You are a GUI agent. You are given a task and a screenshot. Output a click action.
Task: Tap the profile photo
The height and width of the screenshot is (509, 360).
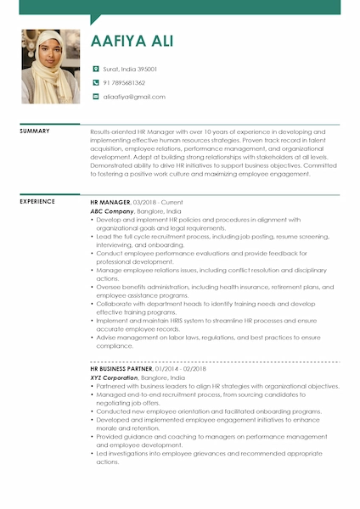(x=51, y=66)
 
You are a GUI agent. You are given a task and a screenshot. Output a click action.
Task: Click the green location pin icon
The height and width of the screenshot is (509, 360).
(x=96, y=69)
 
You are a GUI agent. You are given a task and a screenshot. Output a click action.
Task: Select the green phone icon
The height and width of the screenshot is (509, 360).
(x=96, y=83)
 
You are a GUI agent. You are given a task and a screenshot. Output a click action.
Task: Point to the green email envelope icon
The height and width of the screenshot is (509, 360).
(x=96, y=97)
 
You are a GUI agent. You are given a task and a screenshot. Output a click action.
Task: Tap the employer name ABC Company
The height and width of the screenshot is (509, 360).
(x=111, y=211)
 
